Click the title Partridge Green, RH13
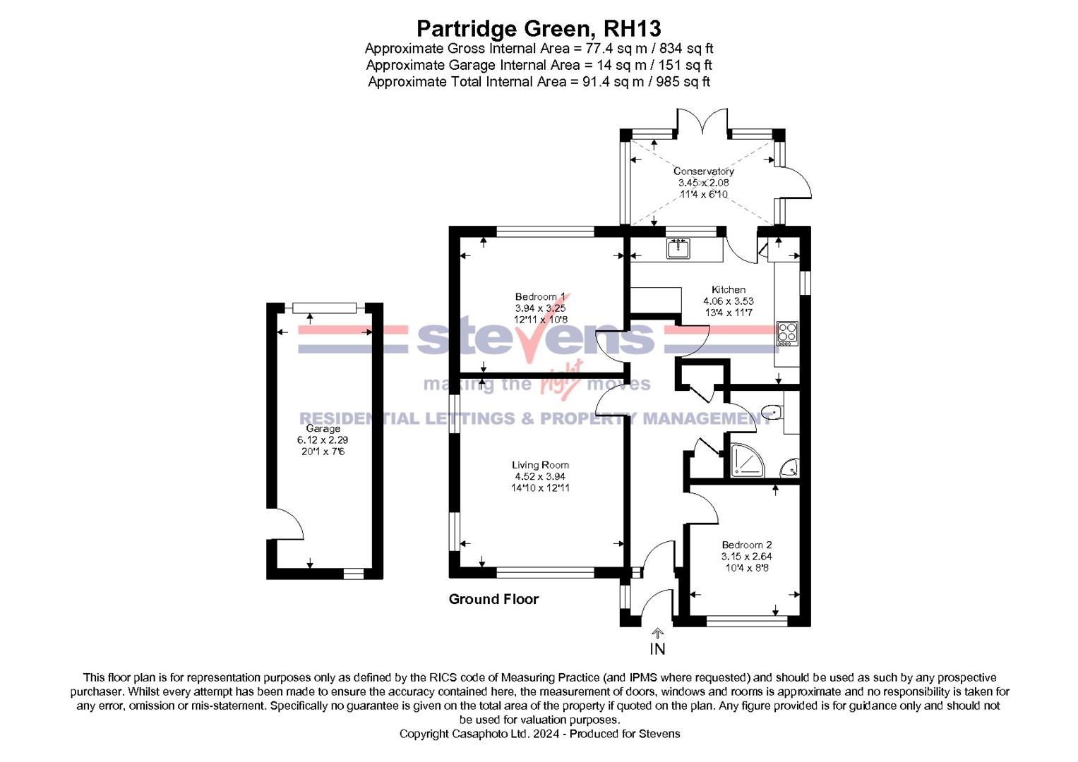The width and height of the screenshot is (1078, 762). pos(539,28)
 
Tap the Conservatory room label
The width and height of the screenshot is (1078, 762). pos(703,171)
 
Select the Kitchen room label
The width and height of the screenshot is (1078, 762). pos(729,289)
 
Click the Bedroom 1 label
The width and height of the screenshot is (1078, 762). pos(540,297)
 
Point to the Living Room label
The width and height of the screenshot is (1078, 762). pos(540,465)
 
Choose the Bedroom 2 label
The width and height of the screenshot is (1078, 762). pos(746,545)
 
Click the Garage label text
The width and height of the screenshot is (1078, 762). pos(323,428)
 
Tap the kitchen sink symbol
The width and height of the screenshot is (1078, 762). pos(678,248)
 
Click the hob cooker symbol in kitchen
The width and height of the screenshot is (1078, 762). pos(787,332)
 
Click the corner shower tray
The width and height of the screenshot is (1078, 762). pos(745,459)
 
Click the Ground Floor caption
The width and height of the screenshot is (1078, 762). pos(493,599)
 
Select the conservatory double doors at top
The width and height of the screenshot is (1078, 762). pos(702,122)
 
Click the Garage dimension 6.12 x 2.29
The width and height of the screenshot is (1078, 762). pos(323,440)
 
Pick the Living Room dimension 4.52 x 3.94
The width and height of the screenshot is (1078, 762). pos(540,476)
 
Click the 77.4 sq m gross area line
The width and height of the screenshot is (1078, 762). pos(539,49)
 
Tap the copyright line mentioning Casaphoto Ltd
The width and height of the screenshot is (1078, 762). pos(539,734)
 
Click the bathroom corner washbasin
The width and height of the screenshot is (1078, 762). pos(791,467)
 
